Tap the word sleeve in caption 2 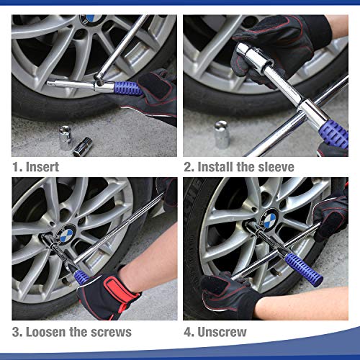(274, 166)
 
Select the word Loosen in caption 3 (54, 332)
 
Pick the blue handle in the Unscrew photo (302, 266)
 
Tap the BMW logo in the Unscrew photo (268, 218)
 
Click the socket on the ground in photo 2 (222, 135)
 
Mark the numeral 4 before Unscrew (188, 332)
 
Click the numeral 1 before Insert (16, 166)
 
